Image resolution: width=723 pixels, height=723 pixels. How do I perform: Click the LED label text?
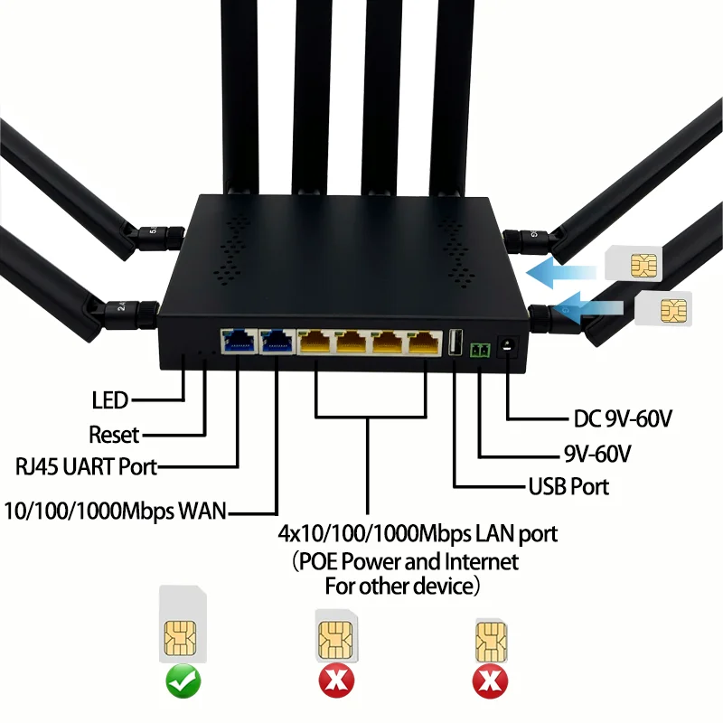coord(110,399)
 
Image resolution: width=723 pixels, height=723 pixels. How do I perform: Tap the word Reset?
coord(114,434)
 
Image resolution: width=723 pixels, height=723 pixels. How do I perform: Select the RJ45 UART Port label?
coord(87,467)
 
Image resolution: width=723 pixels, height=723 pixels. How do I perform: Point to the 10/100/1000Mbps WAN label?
coord(115,511)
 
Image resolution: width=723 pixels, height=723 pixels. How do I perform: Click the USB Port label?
coord(568,486)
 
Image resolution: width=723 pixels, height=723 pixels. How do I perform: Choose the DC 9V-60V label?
coord(624,418)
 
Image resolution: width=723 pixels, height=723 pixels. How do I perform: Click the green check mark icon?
coord(183,680)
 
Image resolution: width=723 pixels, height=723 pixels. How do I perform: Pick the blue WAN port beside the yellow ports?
coord(276,341)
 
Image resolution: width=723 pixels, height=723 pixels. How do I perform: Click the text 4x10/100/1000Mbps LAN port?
coord(418,533)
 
